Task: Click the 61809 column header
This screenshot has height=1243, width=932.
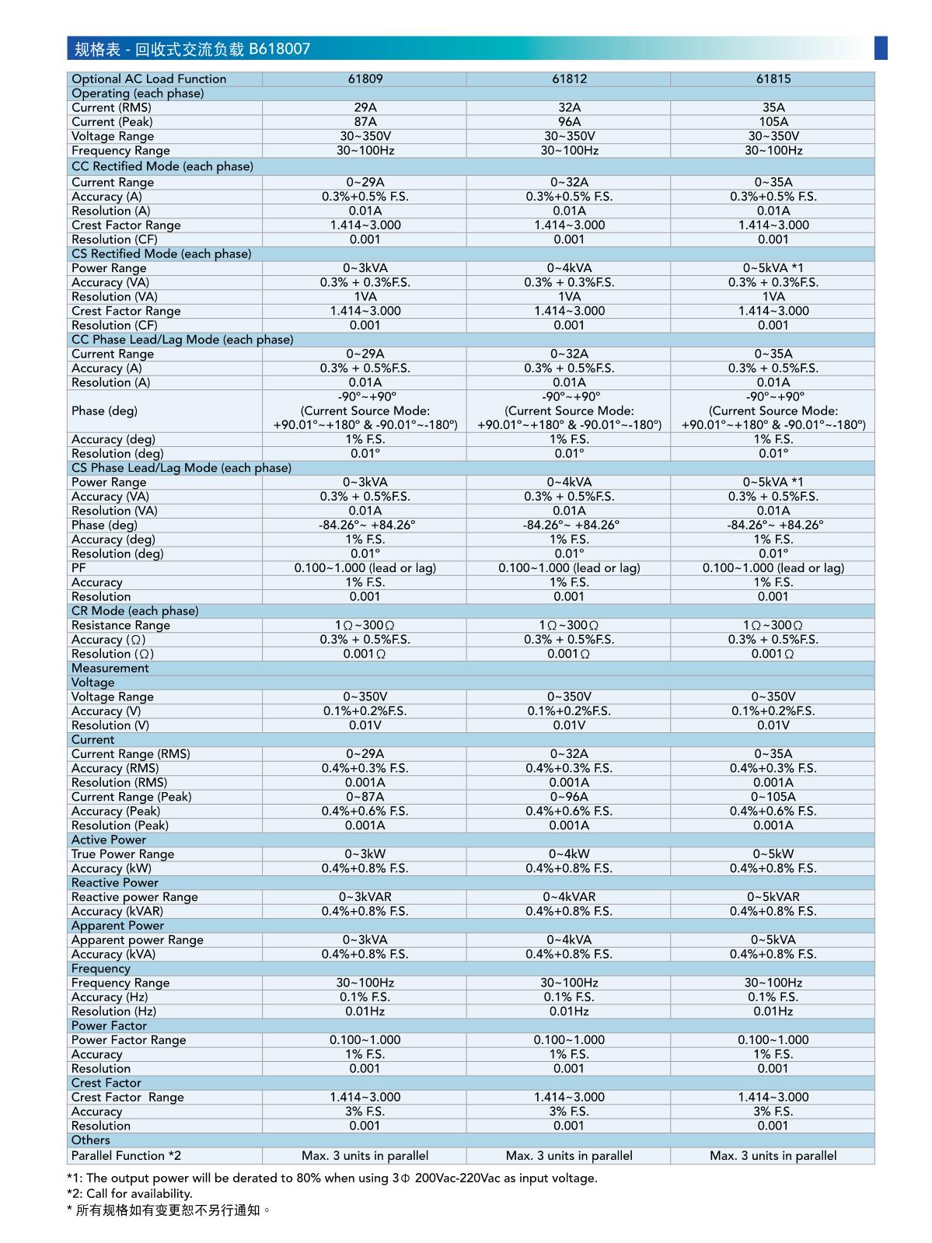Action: pyautogui.click(x=365, y=79)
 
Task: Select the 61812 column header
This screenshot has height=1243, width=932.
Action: pyautogui.click(x=569, y=79)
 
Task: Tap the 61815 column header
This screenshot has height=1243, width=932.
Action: pyautogui.click(x=773, y=79)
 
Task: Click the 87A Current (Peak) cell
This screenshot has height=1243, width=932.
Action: pyautogui.click(x=365, y=122)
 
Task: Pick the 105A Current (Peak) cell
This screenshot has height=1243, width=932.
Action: pyautogui.click(x=773, y=122)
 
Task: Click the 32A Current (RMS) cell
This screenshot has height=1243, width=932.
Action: pyautogui.click(x=569, y=107)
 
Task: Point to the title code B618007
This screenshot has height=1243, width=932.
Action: pyautogui.click(x=279, y=49)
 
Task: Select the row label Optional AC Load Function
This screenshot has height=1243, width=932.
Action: pyautogui.click(x=148, y=79)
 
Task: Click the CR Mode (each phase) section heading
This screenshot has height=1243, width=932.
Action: pyautogui.click(x=134, y=611)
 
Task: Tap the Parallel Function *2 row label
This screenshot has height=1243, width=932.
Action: pyautogui.click(x=126, y=1156)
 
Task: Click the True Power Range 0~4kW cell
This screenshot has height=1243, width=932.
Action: pyautogui.click(x=569, y=854)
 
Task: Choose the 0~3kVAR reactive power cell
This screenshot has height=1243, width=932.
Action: pyautogui.click(x=365, y=897)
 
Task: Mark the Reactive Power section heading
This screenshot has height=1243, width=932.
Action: pyautogui.click(x=114, y=883)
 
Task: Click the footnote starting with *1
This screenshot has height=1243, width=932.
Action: pyautogui.click(x=332, y=1178)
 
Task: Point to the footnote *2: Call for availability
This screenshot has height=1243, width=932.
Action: pyautogui.click(x=129, y=1194)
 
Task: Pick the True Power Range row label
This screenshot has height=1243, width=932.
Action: pyautogui.click(x=123, y=854)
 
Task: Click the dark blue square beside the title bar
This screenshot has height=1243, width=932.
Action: pyautogui.click(x=880, y=47)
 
